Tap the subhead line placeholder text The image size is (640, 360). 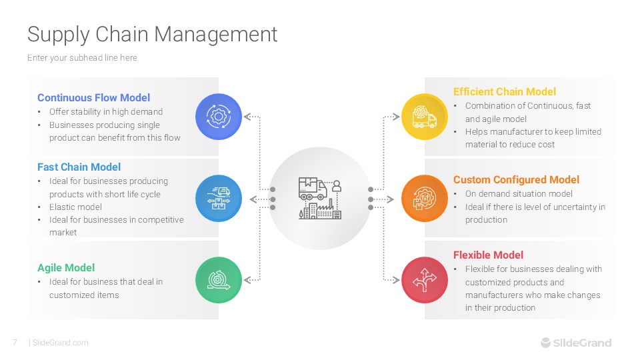click(82, 58)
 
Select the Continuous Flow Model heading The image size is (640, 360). click(93, 98)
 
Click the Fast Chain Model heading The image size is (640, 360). click(79, 167)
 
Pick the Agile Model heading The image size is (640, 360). click(66, 268)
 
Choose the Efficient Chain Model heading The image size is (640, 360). click(504, 92)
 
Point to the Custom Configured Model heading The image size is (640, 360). click(516, 179)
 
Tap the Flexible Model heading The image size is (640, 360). click(488, 255)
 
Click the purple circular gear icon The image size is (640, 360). click(218, 117)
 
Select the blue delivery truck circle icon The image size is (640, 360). click(218, 199)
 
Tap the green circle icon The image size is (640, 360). click(218, 281)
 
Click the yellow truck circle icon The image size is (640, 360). click(424, 117)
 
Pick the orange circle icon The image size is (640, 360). click(424, 199)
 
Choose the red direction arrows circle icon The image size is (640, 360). click(424, 281)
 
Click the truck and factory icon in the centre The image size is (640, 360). click(320, 199)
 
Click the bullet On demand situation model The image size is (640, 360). click(519, 194)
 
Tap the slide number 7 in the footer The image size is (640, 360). click(15, 343)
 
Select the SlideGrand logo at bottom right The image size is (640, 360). click(575, 343)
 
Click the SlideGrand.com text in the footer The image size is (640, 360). click(60, 343)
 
